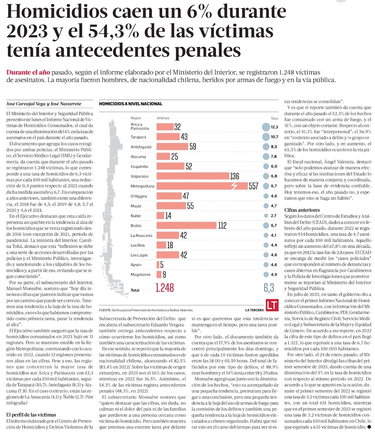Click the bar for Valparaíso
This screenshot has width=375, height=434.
(x=193, y=176)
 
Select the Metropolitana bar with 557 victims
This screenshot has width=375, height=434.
(x=202, y=186)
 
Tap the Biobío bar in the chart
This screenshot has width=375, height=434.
(x=186, y=225)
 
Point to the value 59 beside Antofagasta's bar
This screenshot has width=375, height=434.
(x=193, y=146)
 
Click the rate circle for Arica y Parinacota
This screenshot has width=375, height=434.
(x=266, y=127)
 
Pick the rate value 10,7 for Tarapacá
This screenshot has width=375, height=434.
(x=274, y=137)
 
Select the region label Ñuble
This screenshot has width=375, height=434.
(x=136, y=215)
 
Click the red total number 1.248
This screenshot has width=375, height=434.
(x=165, y=288)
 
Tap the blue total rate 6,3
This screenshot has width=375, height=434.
(x=269, y=288)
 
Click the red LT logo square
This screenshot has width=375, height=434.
(x=272, y=305)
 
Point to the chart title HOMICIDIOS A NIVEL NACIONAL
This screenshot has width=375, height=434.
(x=130, y=104)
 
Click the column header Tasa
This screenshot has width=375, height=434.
(x=274, y=118)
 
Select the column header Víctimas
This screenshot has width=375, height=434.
(x=163, y=118)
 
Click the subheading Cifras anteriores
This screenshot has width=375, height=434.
(x=302, y=210)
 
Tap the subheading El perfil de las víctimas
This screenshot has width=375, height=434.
(x=31, y=414)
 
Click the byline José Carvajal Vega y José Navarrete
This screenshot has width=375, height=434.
(x=44, y=104)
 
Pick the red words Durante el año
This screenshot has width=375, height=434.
(x=28, y=72)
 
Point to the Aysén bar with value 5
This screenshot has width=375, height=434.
(x=158, y=265)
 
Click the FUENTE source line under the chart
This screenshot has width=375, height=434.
(x=146, y=310)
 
